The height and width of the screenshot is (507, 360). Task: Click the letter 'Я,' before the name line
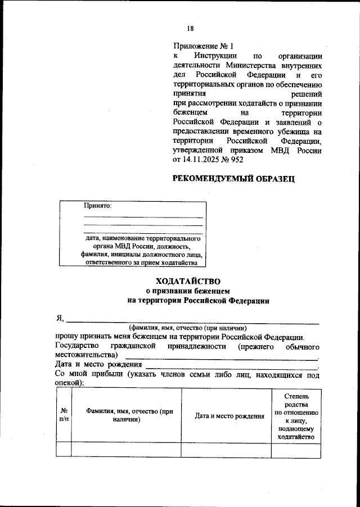(x=60, y=318)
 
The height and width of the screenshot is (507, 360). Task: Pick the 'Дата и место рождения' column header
(x=229, y=417)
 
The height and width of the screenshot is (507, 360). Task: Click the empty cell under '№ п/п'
(x=64, y=450)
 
